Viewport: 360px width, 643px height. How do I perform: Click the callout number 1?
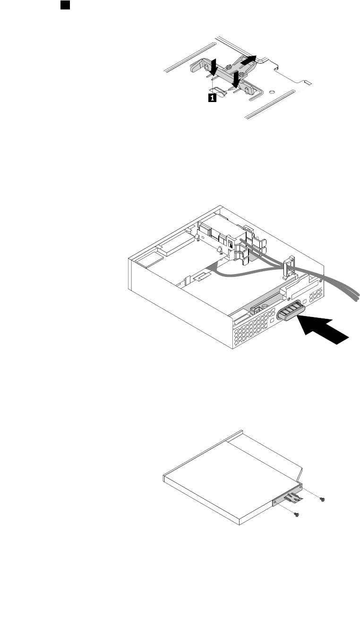[x=213, y=97]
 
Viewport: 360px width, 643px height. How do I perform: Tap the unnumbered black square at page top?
[x=66, y=5]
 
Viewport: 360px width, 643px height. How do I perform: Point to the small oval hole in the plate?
[x=273, y=92]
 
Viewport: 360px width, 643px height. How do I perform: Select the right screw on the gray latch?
[x=242, y=74]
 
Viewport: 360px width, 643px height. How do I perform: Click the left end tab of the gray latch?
[x=195, y=67]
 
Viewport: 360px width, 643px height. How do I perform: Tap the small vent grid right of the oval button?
[x=313, y=298]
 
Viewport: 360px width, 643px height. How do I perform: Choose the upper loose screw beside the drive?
[x=322, y=499]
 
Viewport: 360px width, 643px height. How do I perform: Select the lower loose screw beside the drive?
[x=296, y=514]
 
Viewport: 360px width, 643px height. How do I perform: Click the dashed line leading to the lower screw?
[x=286, y=508]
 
